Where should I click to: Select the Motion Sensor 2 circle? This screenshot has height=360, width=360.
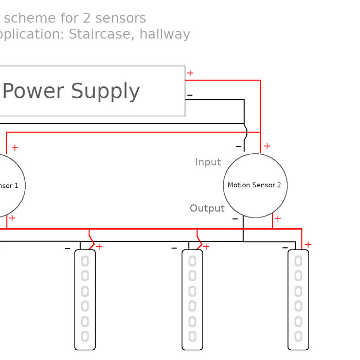pos(255,185)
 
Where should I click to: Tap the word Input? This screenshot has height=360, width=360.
pos(208,162)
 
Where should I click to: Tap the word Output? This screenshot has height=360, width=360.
pos(207,208)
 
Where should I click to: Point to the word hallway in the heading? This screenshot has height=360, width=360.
pos(165,34)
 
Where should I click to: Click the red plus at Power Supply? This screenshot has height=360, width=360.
pos(190,73)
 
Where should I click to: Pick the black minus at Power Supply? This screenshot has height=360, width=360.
pos(190,95)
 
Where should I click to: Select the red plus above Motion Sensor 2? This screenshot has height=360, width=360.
pos(267,147)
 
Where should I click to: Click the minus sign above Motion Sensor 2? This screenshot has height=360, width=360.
pos(238,147)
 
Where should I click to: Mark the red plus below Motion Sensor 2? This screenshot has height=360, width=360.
pos(278,219)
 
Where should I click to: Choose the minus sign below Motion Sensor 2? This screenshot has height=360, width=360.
pos(235,219)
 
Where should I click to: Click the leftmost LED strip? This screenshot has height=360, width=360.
pos(85,299)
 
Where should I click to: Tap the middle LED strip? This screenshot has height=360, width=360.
pos(192,299)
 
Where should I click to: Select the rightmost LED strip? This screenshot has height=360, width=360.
pos(298,299)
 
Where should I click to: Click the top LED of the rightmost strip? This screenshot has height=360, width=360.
pos(298,261)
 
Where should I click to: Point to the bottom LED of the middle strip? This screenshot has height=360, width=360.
pos(192,336)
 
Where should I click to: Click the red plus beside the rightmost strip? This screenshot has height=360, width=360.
pos(308,244)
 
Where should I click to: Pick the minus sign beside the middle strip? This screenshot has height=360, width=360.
pos(174,248)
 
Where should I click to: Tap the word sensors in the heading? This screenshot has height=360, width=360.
pos(121,18)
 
